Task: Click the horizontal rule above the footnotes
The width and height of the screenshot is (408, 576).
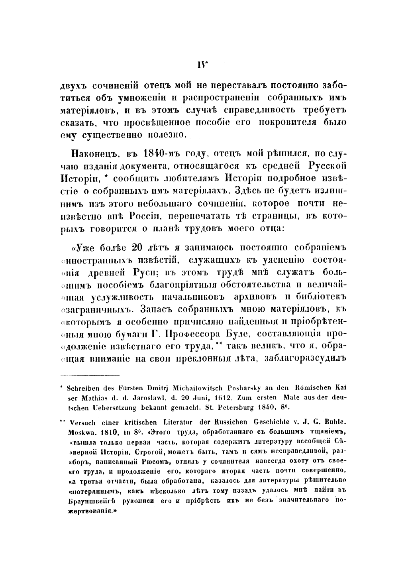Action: coord(89,375)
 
